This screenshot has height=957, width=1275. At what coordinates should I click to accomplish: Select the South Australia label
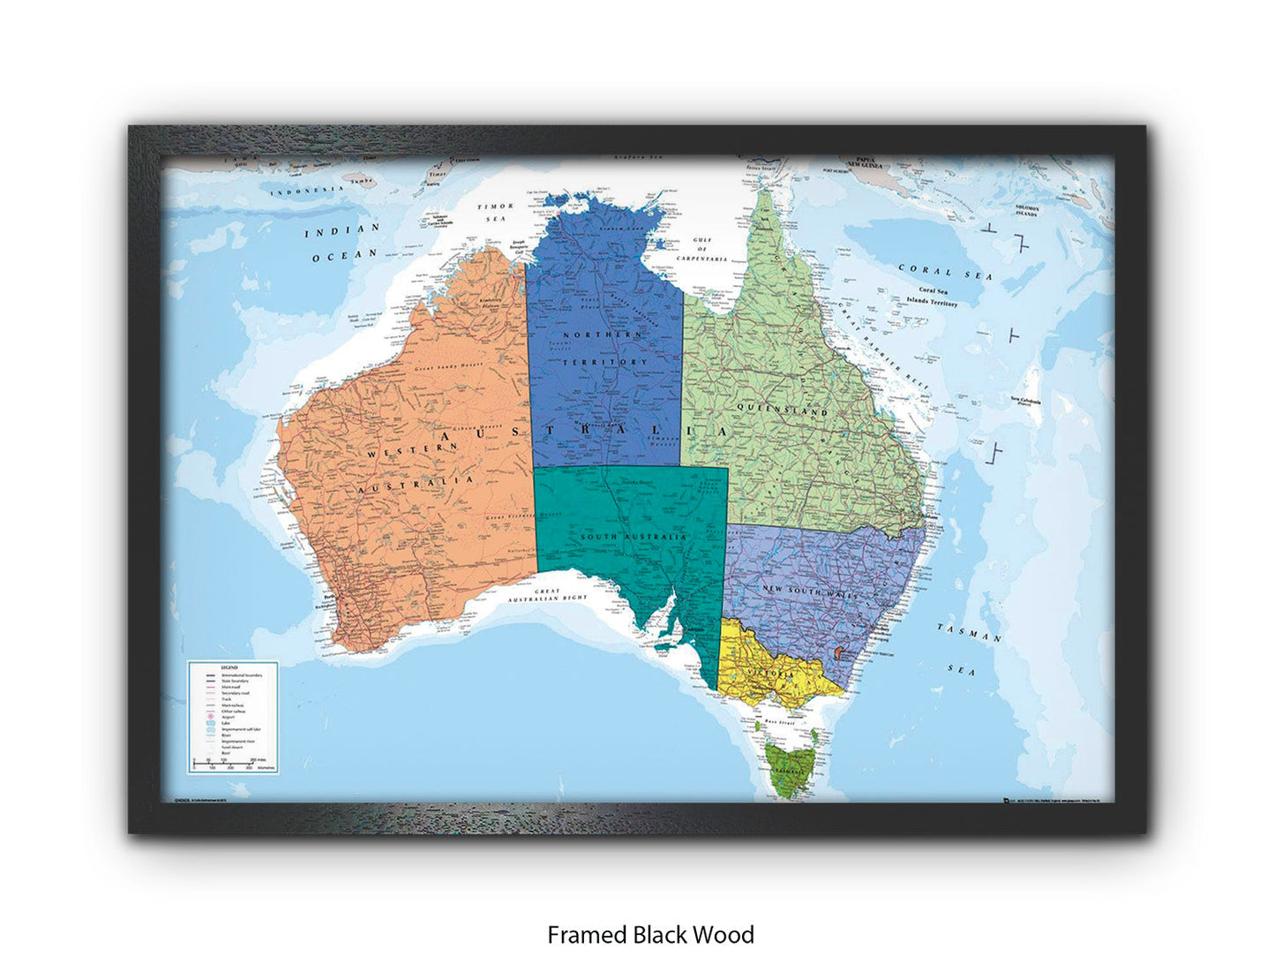point(633,537)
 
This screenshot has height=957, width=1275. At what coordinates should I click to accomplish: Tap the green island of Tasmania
point(784,764)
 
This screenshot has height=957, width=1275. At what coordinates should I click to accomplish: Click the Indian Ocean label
point(342,242)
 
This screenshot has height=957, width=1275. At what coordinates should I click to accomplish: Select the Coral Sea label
point(944,272)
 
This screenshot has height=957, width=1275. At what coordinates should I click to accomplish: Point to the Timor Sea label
point(494,213)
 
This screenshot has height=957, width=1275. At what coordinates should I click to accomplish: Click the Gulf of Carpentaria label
point(702,249)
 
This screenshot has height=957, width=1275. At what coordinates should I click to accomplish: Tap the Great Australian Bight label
point(547,596)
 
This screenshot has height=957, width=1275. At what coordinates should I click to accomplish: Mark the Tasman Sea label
point(967,648)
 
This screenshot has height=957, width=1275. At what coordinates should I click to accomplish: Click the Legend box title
point(229,667)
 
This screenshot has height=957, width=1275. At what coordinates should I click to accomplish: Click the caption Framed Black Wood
point(650,934)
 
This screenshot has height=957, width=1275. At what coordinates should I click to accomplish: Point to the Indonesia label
point(305,190)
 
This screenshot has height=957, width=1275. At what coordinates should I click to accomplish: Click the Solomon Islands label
point(1026,210)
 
